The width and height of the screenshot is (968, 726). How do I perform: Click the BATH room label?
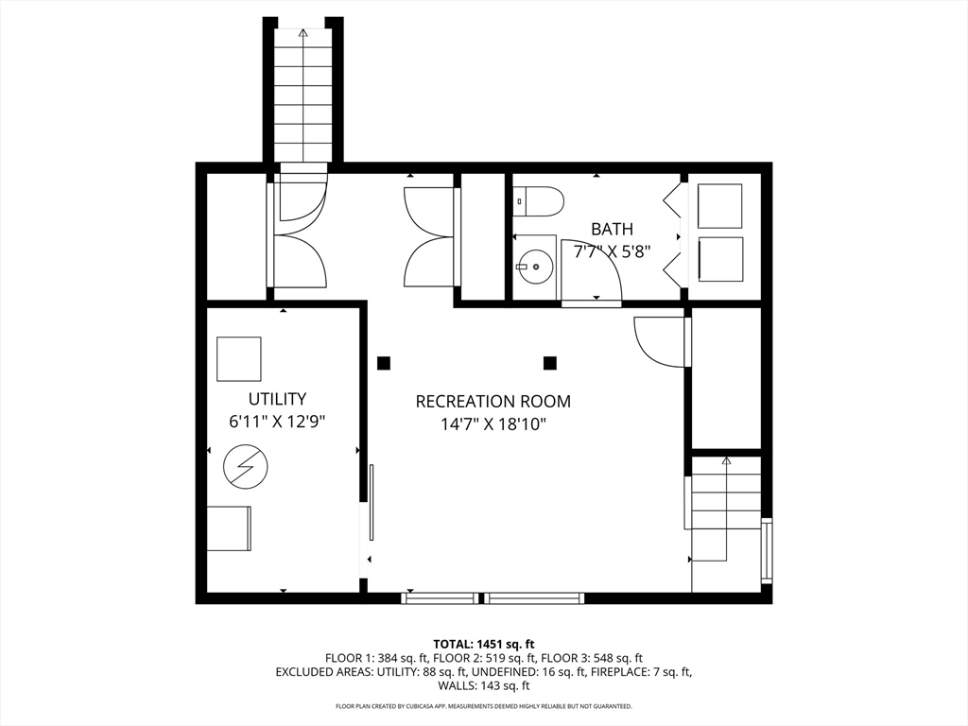tap(612, 229)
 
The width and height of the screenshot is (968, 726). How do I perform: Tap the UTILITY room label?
tap(277, 399)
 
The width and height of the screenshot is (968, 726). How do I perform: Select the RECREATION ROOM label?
tap(493, 401)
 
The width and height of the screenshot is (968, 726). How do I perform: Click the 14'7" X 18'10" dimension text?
tap(493, 424)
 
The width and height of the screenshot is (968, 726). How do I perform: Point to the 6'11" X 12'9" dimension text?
tap(277, 422)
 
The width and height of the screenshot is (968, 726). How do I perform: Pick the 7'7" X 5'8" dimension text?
tap(612, 251)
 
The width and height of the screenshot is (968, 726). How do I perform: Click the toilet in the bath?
tap(538, 202)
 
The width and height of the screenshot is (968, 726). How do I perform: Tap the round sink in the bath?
tap(535, 266)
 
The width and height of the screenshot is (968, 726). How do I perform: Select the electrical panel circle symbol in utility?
tap(246, 467)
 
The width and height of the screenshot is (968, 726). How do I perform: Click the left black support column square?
tap(384, 363)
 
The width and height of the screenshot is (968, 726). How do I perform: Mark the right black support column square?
tap(550, 363)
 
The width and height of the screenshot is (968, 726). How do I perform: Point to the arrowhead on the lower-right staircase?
tap(726, 460)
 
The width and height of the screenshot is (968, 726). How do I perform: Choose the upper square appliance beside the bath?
tap(719, 206)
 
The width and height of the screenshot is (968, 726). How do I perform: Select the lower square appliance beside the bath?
tap(719, 259)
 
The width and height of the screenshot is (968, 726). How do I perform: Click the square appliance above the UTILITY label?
tap(239, 358)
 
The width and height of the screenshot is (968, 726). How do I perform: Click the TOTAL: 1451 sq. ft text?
tap(483, 645)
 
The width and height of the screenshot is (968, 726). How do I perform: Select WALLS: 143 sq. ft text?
tap(483, 685)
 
